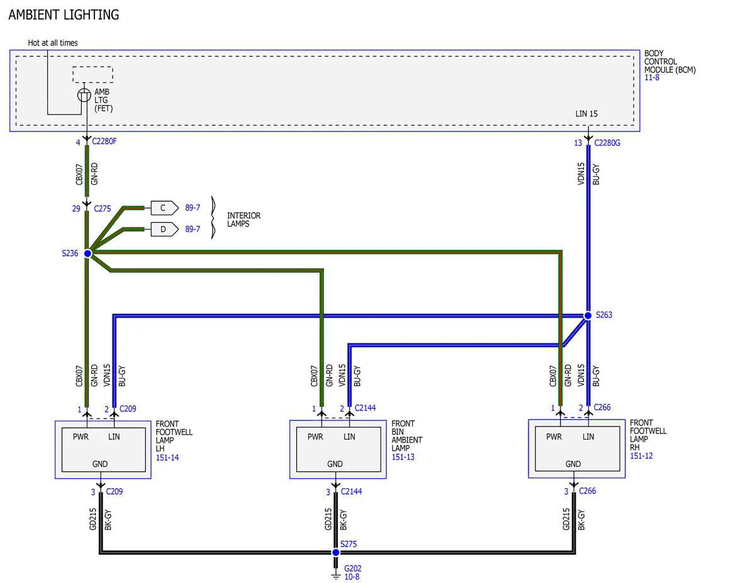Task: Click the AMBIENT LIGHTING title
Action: point(64,15)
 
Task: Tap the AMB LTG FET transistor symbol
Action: point(84,95)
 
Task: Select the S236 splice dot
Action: point(88,253)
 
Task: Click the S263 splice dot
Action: point(588,315)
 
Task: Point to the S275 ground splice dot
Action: point(335,552)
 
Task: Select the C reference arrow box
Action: point(165,208)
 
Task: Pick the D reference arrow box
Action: point(165,229)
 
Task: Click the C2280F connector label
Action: point(104,142)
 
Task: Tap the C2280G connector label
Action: point(607,143)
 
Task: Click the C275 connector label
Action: point(103,209)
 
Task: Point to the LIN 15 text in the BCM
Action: point(586,114)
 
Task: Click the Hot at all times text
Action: point(53,43)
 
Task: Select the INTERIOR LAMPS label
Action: point(243,219)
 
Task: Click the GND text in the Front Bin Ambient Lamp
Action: point(335,464)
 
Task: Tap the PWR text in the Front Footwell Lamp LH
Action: point(81,436)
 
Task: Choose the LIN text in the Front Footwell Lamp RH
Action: point(588,436)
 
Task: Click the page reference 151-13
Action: point(403,457)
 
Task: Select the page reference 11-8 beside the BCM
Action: point(652,77)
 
